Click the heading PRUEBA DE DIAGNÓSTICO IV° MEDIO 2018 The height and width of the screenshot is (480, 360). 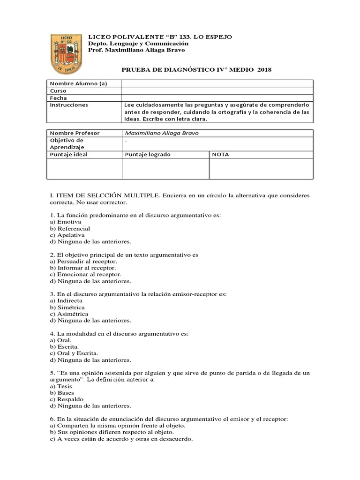[196, 70]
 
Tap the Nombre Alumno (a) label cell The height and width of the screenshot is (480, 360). [79, 83]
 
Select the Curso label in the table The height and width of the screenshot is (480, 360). [58, 90]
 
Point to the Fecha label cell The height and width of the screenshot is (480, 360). [59, 98]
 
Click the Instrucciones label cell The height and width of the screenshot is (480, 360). [69, 105]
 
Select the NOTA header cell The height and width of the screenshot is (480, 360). [221, 154]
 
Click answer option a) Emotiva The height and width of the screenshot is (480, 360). [66, 222]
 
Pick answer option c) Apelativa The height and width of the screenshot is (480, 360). [67, 235]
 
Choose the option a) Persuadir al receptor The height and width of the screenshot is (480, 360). [83, 261]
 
